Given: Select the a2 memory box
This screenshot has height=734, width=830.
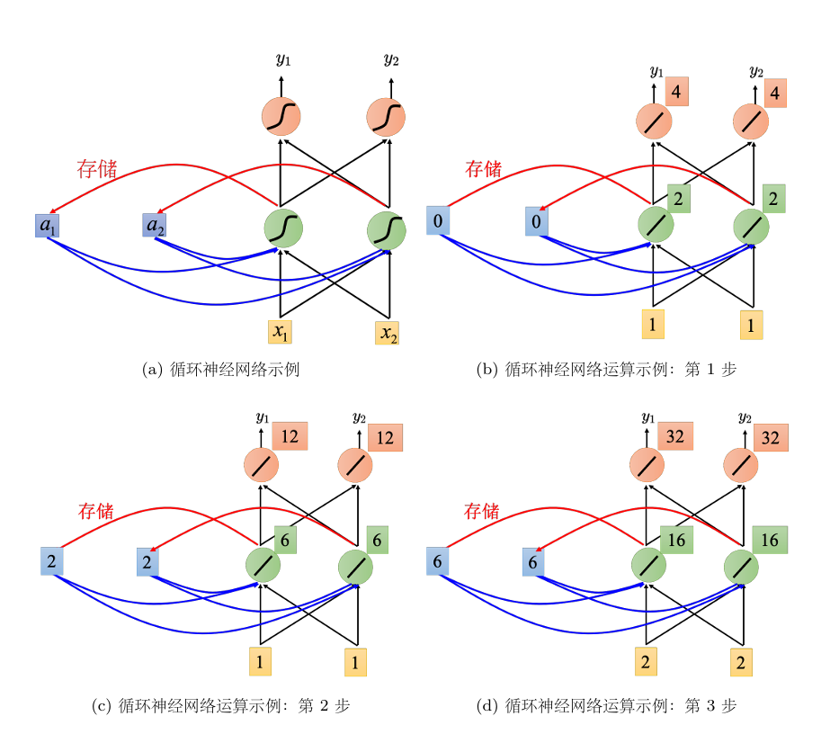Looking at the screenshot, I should pos(155,226).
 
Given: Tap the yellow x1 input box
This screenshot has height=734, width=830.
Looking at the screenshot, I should pos(281,332).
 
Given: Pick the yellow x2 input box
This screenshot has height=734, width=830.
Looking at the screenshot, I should pos(388,332).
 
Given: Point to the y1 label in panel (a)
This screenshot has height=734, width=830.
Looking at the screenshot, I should pos(282,60).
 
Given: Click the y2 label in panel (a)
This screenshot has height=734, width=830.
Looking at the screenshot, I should pos(390,60).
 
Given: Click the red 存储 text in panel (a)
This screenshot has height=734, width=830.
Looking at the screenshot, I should pos(97,168).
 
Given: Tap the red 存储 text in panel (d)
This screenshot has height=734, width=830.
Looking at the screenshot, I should pos(481,512).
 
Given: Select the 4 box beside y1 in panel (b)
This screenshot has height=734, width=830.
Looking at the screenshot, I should pos(677,92).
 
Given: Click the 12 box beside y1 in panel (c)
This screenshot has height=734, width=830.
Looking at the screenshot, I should pos(290,436).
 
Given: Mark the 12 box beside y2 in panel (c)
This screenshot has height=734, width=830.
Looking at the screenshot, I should pos(385,437).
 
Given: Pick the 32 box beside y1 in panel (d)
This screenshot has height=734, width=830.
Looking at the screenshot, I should pos(676,436).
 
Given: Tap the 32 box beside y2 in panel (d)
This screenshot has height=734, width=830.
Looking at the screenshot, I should pos(771,437).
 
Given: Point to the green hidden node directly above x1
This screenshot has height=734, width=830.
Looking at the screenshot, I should pos(282,228).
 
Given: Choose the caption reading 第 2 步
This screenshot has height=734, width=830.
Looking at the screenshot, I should pos(220,706).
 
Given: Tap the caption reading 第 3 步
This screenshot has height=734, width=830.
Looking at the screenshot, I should pos(607,706).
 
